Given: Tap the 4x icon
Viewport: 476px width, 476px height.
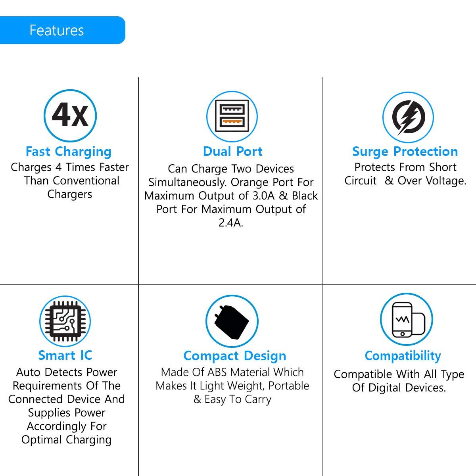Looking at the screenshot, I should (x=70, y=115).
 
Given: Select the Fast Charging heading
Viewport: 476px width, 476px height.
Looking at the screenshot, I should (x=69, y=152).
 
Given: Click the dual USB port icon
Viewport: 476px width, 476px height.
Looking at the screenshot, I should (x=232, y=116).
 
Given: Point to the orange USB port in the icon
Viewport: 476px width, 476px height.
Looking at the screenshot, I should (x=232, y=122).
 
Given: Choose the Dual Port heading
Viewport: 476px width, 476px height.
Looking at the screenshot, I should (x=232, y=152).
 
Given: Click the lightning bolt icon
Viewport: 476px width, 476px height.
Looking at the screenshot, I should (x=408, y=117).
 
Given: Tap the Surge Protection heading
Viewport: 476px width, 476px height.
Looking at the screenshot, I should (x=405, y=152).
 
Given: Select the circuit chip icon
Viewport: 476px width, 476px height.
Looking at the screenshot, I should (x=65, y=321).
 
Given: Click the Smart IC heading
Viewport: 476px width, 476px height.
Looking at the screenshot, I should (x=65, y=355).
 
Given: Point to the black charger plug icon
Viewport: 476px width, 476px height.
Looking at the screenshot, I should (x=232, y=322).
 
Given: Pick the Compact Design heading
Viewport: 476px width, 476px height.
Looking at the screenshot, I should (x=235, y=356).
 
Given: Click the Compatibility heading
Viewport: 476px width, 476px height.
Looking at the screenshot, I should (x=403, y=356).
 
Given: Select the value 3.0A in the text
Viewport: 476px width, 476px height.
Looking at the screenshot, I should (x=264, y=196).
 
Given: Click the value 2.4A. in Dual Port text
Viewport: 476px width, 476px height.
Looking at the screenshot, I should (x=231, y=223).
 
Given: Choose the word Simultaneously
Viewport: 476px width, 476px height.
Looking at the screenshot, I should (x=188, y=182).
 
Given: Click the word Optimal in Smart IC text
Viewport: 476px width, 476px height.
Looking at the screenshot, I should (x=42, y=440).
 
